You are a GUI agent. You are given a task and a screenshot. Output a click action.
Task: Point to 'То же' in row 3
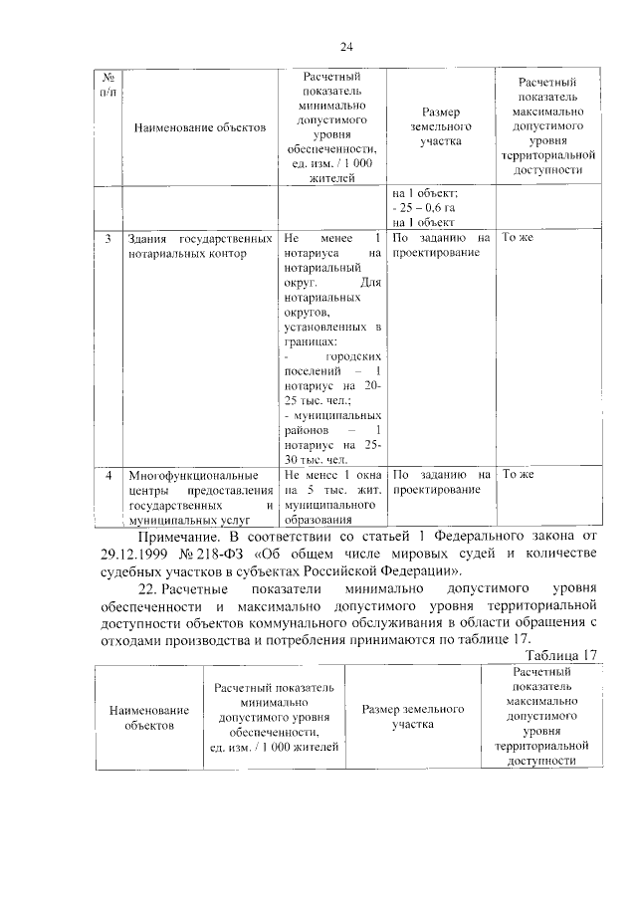pos(519,239)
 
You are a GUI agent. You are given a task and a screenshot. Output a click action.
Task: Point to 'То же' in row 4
pos(519,474)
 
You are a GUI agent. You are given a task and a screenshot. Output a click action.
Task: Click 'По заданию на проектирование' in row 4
pos(441,482)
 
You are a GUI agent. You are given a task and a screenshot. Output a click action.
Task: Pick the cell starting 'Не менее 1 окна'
pos(332,497)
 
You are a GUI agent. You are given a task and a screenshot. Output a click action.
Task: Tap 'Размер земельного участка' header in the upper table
pos(441,127)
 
